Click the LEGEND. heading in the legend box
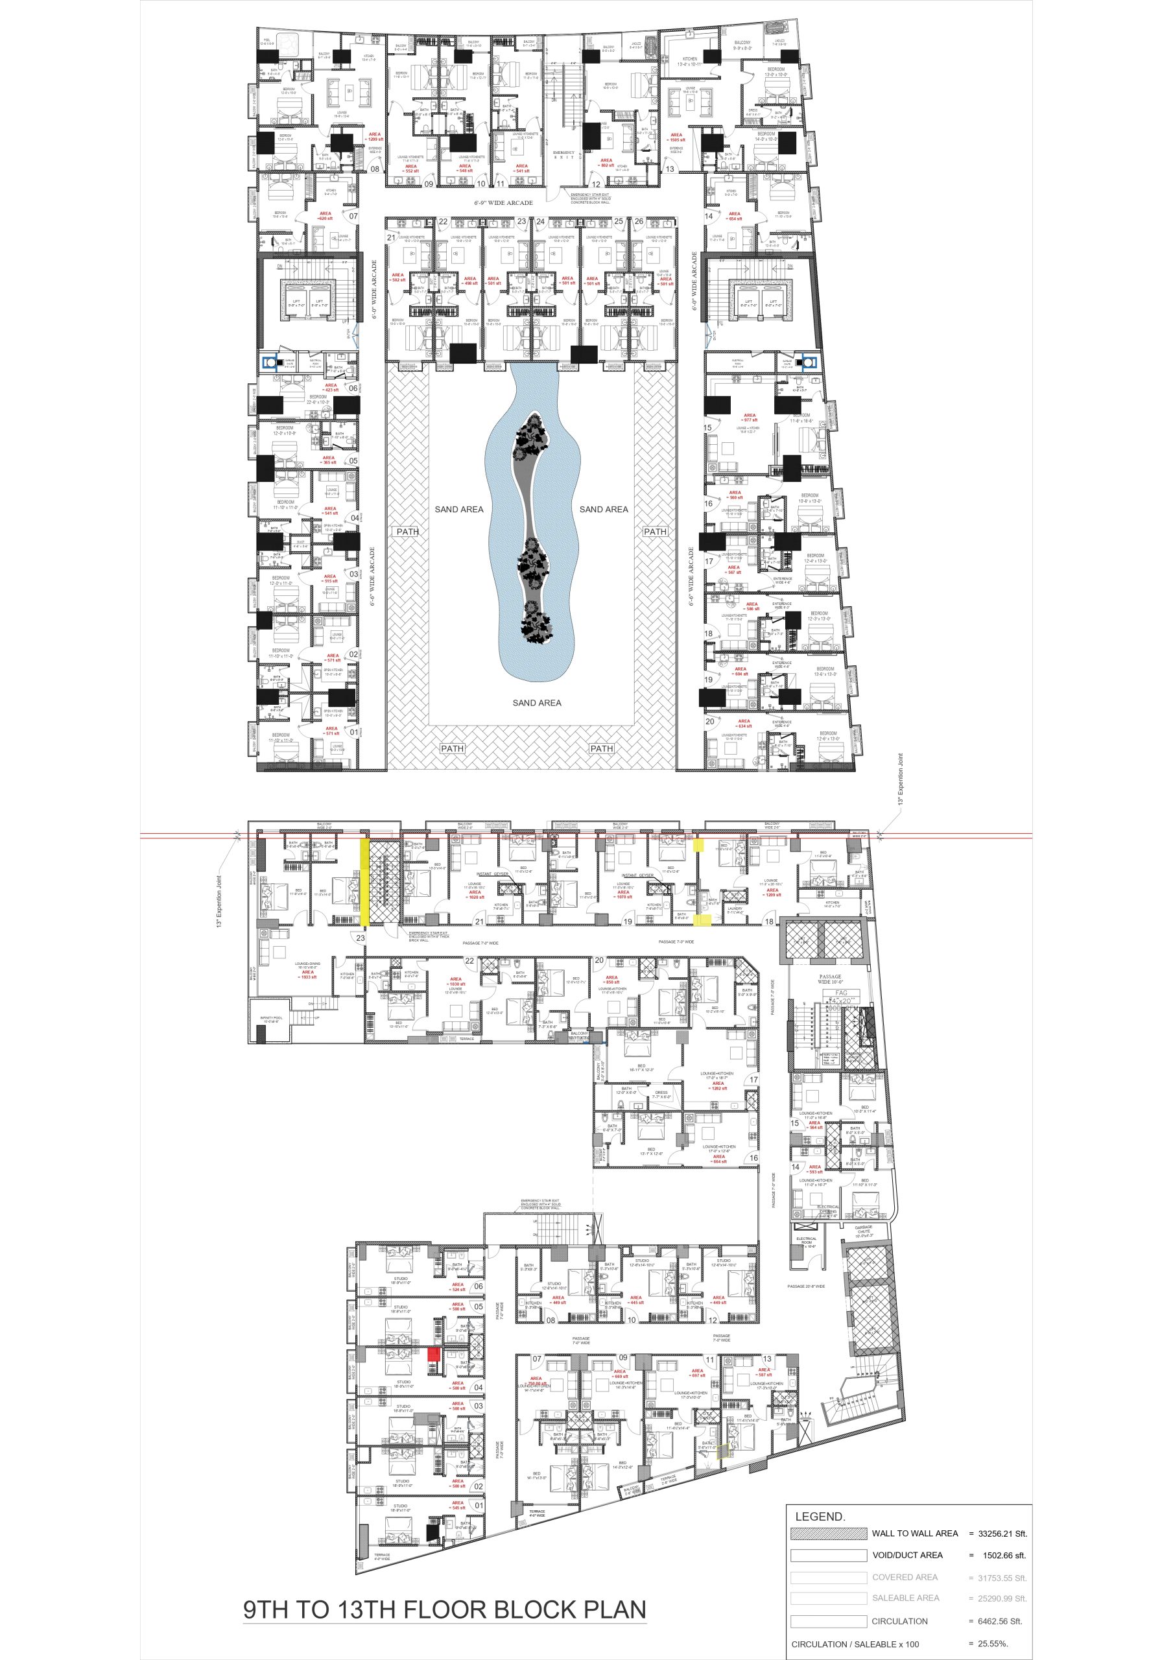pyautogui.click(x=820, y=1517)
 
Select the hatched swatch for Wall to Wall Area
pyautogui.click(x=828, y=1534)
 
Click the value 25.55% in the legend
pyautogui.click(x=992, y=1643)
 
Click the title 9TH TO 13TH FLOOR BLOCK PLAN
pyautogui.click(x=444, y=1609)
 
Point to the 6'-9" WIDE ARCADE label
pyautogui.click(x=503, y=202)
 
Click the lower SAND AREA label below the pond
pyautogui.click(x=537, y=703)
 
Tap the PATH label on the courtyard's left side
pyautogui.click(x=407, y=532)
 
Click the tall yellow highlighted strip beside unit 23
pyautogui.click(x=365, y=881)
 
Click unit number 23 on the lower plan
pyautogui.click(x=360, y=938)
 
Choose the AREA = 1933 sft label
pyautogui.click(x=307, y=975)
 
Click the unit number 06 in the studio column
pyautogui.click(x=478, y=1286)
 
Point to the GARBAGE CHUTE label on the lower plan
pyautogui.click(x=864, y=1231)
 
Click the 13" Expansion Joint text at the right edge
pyautogui.click(x=901, y=779)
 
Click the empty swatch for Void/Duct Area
pyautogui.click(x=828, y=1555)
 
